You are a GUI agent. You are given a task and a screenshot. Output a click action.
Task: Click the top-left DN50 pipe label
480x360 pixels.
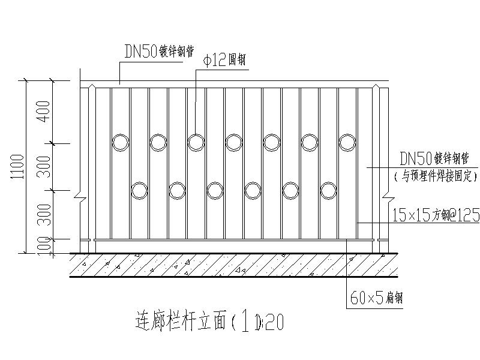pyautogui.click(x=158, y=52)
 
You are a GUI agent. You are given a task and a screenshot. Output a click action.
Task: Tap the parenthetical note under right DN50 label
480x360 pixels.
pyautogui.click(x=435, y=177)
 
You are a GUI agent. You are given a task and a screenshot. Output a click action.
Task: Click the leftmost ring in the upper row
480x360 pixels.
pyautogui.click(x=121, y=142)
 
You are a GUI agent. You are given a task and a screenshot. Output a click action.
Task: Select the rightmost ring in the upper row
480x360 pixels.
pyautogui.click(x=347, y=142)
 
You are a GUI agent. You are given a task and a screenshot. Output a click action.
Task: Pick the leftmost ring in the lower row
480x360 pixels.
pyautogui.click(x=139, y=191)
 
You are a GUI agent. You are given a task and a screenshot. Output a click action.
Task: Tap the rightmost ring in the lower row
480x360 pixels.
pyautogui.click(x=328, y=191)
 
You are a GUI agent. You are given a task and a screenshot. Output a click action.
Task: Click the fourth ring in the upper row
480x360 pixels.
pyautogui.click(x=234, y=142)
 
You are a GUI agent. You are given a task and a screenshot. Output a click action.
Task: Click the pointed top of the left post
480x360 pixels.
pyautogui.click(x=92, y=88)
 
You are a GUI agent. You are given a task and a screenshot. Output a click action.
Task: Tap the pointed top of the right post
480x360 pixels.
pyautogui.click(x=376, y=88)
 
